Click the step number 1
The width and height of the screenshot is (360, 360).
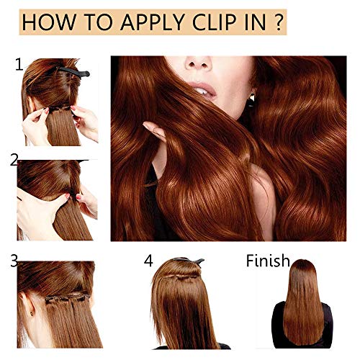[19, 66]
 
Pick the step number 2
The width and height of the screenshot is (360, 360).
[14, 160]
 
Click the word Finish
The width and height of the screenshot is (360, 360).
[268, 261]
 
